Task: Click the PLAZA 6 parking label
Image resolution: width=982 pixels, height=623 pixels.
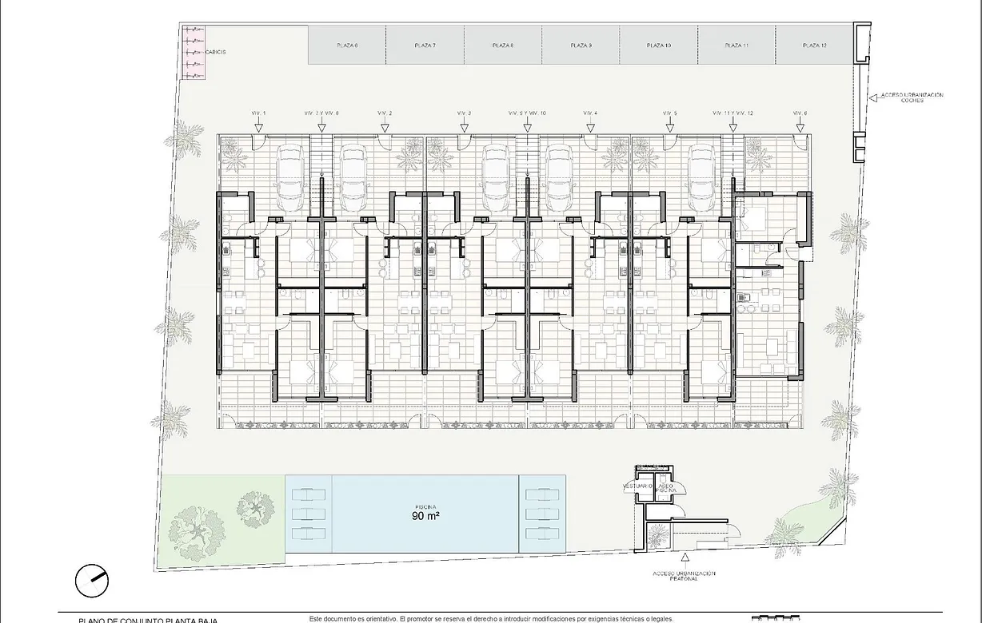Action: [x=347, y=46]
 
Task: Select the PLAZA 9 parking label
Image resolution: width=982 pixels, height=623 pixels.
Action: [x=581, y=46]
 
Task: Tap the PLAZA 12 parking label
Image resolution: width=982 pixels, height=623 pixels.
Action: [x=813, y=46]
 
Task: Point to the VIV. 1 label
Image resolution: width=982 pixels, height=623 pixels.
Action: [x=258, y=113]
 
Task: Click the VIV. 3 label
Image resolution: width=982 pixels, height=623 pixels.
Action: [x=464, y=113]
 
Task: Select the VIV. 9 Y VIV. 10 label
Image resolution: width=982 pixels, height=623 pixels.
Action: [x=528, y=113]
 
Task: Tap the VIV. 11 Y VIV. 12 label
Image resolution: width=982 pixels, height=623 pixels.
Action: [x=733, y=113]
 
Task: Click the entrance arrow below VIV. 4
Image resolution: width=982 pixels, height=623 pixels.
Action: [x=590, y=125]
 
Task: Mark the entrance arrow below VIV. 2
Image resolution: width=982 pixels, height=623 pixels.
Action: [x=385, y=125]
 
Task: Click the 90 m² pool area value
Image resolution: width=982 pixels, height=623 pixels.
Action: [x=425, y=516]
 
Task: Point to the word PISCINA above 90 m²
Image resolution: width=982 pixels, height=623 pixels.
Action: [x=425, y=506]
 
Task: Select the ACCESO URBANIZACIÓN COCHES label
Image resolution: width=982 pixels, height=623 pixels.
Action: [x=912, y=97]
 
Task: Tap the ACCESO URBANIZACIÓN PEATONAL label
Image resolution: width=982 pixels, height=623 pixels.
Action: [x=684, y=576]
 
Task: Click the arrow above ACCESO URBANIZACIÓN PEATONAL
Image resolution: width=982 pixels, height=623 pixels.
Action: [x=685, y=559]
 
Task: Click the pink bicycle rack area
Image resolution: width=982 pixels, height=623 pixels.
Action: [x=194, y=52]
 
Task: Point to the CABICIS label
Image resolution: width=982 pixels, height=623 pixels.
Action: [x=216, y=52]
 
